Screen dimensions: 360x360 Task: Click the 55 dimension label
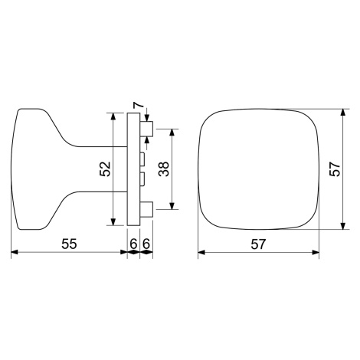click(69, 244)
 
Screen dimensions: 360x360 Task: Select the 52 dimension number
click(105, 169)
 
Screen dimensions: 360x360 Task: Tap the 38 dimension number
click(164, 169)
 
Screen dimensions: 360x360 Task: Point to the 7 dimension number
click(138, 105)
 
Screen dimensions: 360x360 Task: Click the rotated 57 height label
click(335, 169)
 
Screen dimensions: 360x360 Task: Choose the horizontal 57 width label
click(258, 244)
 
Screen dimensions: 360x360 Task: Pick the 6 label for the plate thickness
click(133, 244)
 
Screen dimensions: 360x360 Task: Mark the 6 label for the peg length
click(146, 244)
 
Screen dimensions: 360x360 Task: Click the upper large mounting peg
click(146, 129)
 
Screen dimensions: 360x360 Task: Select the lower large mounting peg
click(146, 209)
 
